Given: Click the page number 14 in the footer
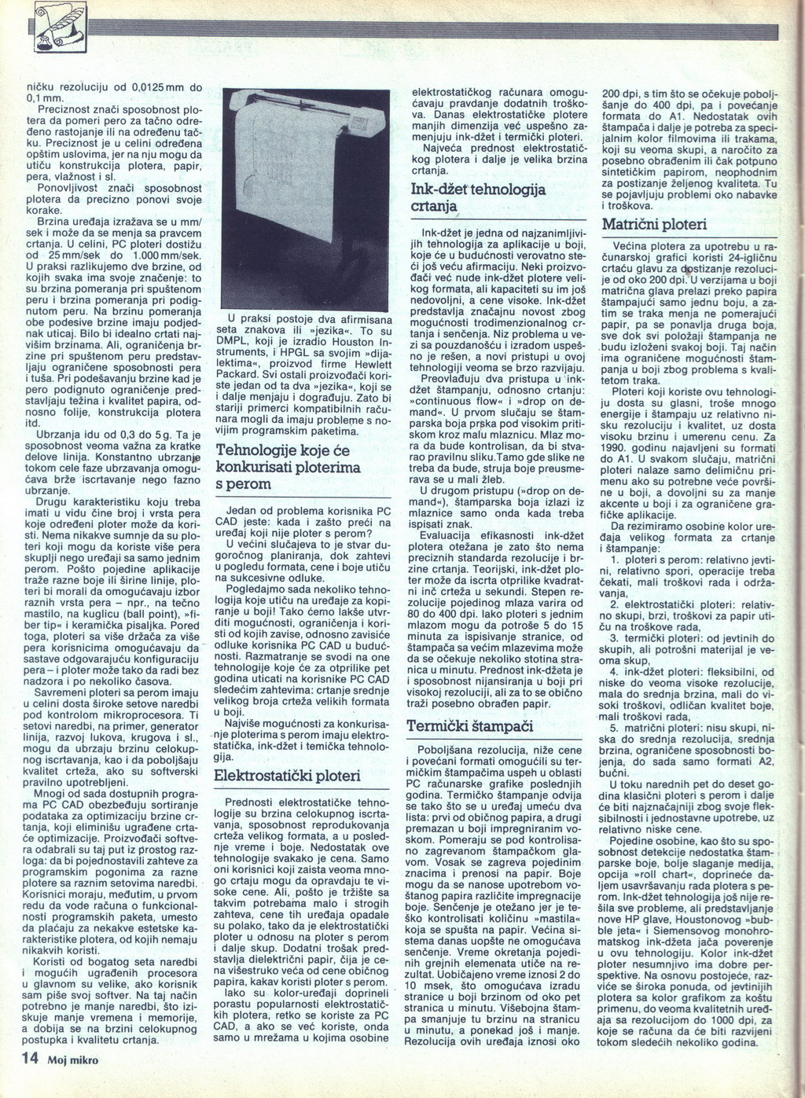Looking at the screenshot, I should [x=30, y=1058].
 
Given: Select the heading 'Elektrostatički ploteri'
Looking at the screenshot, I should [x=288, y=776].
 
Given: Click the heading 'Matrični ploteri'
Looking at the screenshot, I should [x=654, y=225].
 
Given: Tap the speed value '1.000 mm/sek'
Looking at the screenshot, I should [x=167, y=255].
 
